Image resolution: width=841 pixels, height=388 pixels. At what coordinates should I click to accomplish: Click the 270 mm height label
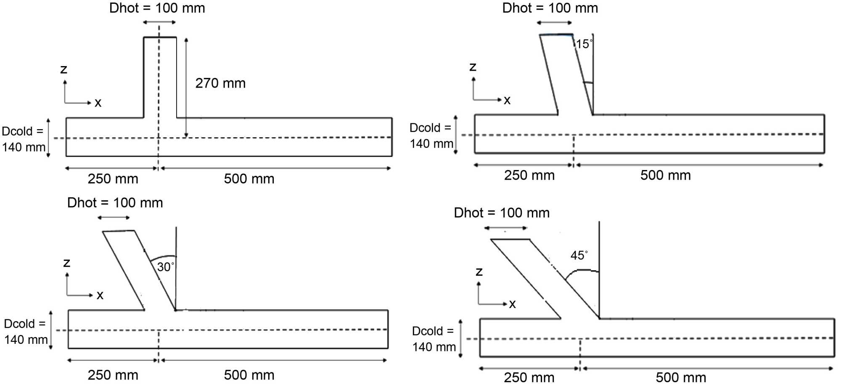(220, 83)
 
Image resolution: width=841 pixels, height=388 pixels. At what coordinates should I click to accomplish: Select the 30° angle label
(165, 267)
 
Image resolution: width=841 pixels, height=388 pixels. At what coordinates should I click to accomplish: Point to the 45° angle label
(579, 255)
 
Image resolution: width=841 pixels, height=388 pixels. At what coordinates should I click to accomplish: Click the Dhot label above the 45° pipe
(501, 213)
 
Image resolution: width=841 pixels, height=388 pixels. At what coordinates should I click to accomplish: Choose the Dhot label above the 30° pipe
(115, 203)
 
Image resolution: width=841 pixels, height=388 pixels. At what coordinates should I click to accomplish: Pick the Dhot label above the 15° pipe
(550, 8)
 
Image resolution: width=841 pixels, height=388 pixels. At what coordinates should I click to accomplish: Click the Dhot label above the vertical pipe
(157, 8)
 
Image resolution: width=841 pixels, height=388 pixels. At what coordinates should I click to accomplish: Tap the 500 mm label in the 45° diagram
(681, 377)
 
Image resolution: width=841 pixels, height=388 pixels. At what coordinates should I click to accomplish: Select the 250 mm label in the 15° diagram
(529, 175)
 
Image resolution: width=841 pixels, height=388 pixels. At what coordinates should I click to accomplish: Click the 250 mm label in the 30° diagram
(113, 375)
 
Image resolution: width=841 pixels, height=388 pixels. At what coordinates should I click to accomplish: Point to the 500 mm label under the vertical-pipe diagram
(249, 179)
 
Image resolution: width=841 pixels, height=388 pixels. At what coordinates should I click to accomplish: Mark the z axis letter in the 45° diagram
(479, 272)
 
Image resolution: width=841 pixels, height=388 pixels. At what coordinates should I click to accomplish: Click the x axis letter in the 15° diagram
(507, 100)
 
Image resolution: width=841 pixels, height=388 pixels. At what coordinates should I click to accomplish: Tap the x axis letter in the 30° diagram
(100, 295)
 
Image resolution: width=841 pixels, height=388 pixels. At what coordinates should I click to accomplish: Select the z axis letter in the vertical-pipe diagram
(64, 69)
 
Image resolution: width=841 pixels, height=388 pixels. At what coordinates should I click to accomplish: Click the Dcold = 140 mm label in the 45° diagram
(434, 339)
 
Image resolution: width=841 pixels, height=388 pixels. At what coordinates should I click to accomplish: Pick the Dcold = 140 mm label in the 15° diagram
(431, 136)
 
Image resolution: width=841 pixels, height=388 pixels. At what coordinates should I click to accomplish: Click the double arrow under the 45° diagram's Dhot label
(505, 228)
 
